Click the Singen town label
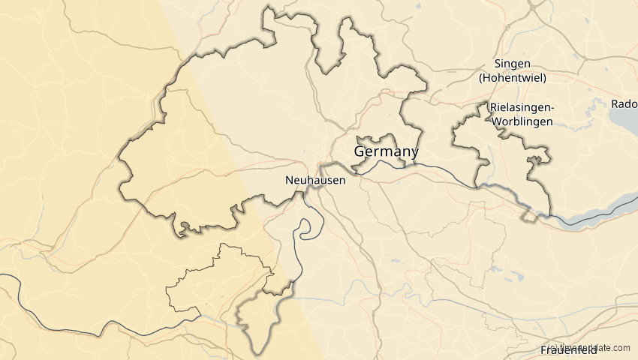513,64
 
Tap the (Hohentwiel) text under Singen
513,78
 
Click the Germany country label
386,151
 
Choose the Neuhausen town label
315,180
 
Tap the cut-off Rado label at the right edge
624,104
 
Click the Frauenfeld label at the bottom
568,350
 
